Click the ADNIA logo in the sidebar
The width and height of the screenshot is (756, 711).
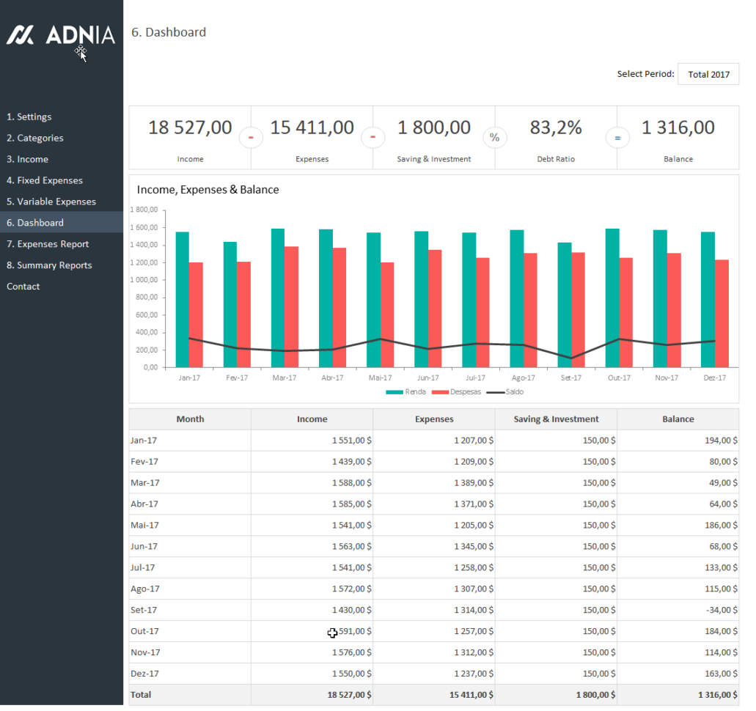click(x=61, y=34)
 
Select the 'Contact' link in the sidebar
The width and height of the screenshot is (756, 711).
click(x=23, y=287)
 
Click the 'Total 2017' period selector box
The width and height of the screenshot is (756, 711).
click(x=708, y=74)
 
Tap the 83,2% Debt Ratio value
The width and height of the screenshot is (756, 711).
click(x=556, y=128)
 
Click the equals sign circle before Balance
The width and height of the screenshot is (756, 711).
click(x=617, y=137)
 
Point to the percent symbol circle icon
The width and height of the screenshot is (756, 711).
click(x=495, y=137)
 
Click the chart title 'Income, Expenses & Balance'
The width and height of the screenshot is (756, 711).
click(x=208, y=190)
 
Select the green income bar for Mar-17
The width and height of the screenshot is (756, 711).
click(x=278, y=297)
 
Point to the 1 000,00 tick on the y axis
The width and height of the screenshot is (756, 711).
click(x=144, y=280)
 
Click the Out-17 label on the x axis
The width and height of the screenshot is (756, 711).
click(x=619, y=378)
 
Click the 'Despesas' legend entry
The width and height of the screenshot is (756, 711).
click(x=465, y=392)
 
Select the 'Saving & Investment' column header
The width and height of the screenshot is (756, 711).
click(x=556, y=419)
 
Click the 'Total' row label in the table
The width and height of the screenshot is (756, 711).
click(x=141, y=695)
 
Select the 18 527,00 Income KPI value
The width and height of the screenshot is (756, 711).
click(x=190, y=128)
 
